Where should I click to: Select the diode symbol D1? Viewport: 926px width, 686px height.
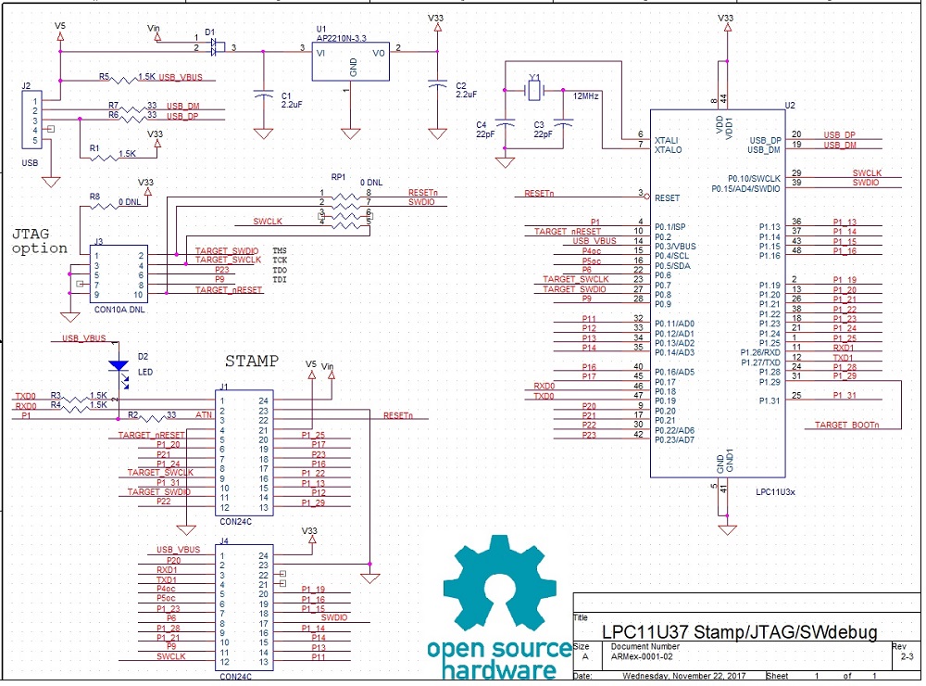(x=215, y=44)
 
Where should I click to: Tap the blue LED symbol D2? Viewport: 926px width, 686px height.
(x=119, y=365)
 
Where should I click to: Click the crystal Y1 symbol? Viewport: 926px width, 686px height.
(x=532, y=90)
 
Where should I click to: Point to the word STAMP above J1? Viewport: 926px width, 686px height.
(x=252, y=361)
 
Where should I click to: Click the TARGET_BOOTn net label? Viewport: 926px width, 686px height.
(x=846, y=425)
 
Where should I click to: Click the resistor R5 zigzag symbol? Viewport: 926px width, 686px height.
(x=123, y=78)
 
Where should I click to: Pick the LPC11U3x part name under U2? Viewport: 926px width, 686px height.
(x=775, y=491)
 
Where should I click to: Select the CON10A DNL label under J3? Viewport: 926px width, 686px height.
(x=118, y=310)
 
